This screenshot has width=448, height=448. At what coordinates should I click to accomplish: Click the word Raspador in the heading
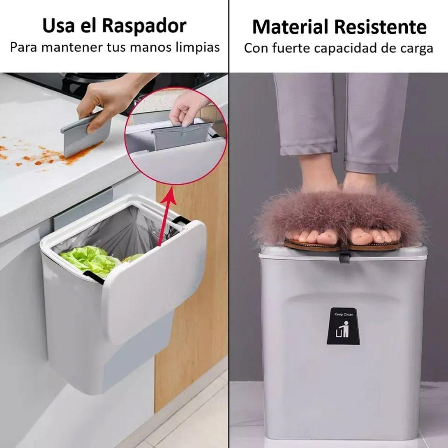click(x=144, y=26)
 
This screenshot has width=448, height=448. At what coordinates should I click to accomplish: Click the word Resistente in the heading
click(x=380, y=27)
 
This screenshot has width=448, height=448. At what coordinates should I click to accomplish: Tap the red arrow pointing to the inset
click(x=166, y=216)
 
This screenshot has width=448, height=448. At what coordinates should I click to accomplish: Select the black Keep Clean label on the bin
click(x=344, y=326)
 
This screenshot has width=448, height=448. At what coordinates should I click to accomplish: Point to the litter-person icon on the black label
click(x=343, y=329)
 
